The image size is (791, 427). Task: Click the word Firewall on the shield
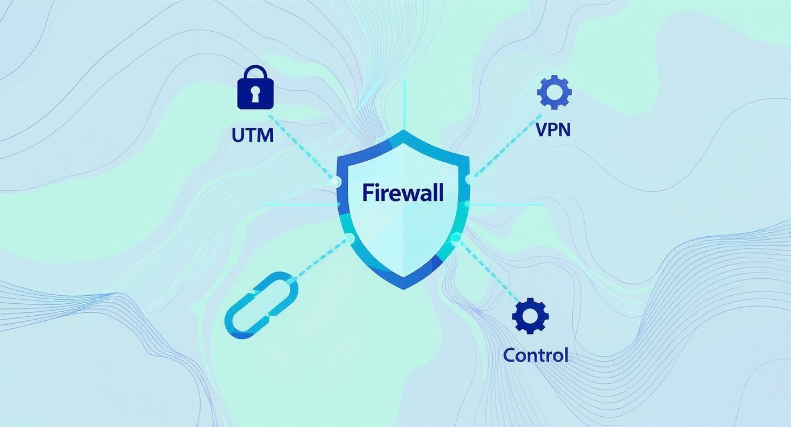pyautogui.click(x=403, y=192)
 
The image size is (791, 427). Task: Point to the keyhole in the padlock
pyautogui.click(x=255, y=94)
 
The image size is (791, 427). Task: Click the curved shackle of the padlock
pyautogui.click(x=255, y=72)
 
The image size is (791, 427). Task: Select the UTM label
pyautogui.click(x=253, y=135)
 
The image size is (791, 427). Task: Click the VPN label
pyautogui.click(x=553, y=129)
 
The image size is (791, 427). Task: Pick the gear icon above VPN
pyautogui.click(x=554, y=92)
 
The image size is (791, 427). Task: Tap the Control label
pyautogui.click(x=535, y=355)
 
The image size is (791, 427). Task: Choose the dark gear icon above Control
pyautogui.click(x=530, y=316)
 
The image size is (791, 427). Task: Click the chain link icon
pyautogui.click(x=262, y=305)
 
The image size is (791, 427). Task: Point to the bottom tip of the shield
pyautogui.click(x=403, y=287)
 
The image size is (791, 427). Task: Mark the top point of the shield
pyautogui.click(x=404, y=131)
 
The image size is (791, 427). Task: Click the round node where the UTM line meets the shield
pyautogui.click(x=336, y=182)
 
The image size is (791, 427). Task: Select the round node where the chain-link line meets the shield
pyautogui.click(x=349, y=238)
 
